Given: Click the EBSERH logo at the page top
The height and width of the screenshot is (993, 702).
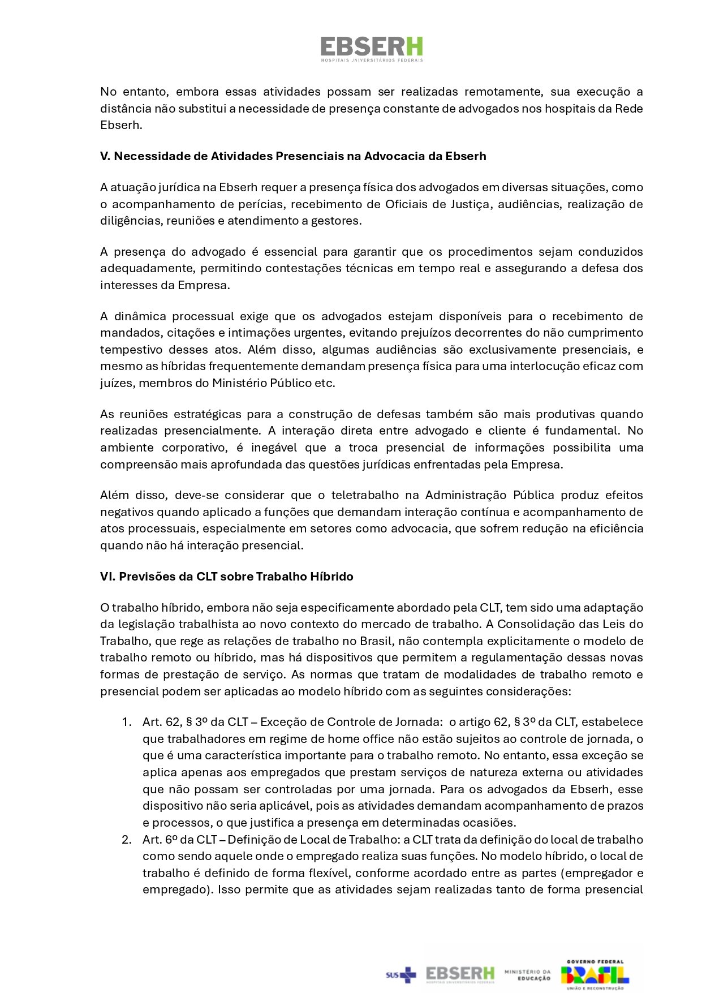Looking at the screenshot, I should pyautogui.click(x=372, y=49).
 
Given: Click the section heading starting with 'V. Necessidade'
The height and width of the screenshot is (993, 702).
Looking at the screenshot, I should pyautogui.click(x=293, y=156).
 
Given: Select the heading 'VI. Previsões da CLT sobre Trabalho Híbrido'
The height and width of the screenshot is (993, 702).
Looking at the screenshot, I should pyautogui.click(x=226, y=577).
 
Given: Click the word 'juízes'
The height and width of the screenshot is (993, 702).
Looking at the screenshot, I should pyautogui.click(x=116, y=383).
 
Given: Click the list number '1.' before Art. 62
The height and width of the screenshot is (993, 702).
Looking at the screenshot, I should pyautogui.click(x=127, y=722).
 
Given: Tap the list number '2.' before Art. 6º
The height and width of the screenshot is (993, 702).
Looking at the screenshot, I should pyautogui.click(x=127, y=840).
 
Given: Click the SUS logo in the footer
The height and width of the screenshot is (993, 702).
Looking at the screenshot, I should pyautogui.click(x=400, y=974).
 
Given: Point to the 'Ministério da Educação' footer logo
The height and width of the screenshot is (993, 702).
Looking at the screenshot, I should pyautogui.click(x=527, y=974).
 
